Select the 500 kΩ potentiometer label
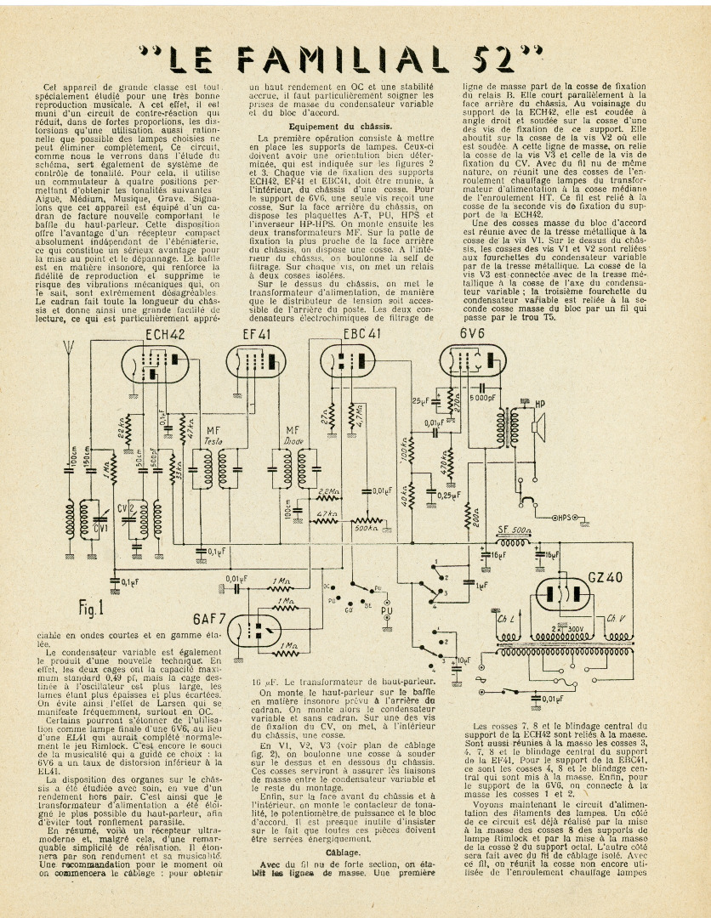pyautogui.click(x=366, y=528)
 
